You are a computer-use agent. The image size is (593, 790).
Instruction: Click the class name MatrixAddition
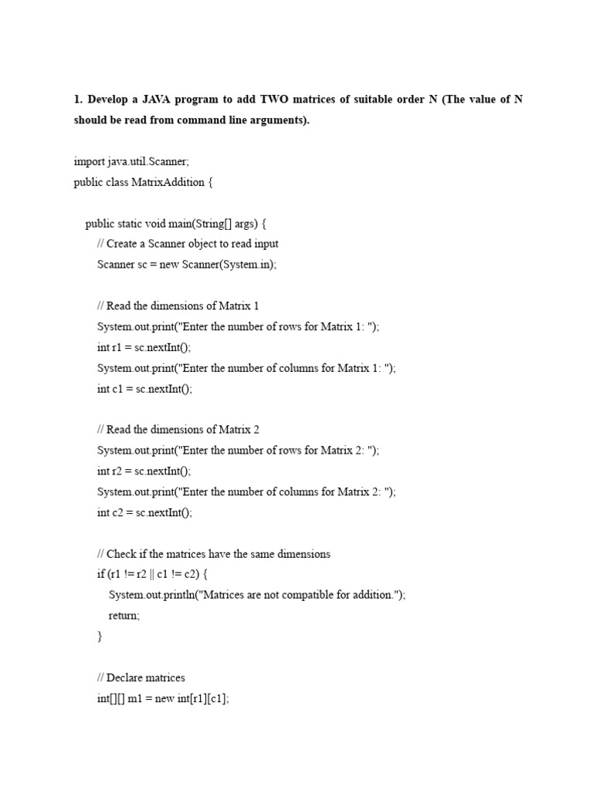pyautogui.click(x=165, y=182)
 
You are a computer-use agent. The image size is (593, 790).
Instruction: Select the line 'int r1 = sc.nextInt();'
pyautogui.click(x=144, y=347)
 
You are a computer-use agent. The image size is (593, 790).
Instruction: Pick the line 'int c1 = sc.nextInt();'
pyautogui.click(x=144, y=389)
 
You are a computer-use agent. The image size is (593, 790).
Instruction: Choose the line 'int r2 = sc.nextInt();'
pyautogui.click(x=144, y=471)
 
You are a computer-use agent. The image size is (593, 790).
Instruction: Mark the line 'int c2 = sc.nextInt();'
pyautogui.click(x=144, y=512)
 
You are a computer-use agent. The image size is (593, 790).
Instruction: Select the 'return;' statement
pyautogui.click(x=124, y=616)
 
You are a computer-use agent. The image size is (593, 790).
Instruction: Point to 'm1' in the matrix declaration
pyautogui.click(x=143, y=698)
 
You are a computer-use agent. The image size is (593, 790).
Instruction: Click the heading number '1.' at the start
pyautogui.click(x=78, y=100)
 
